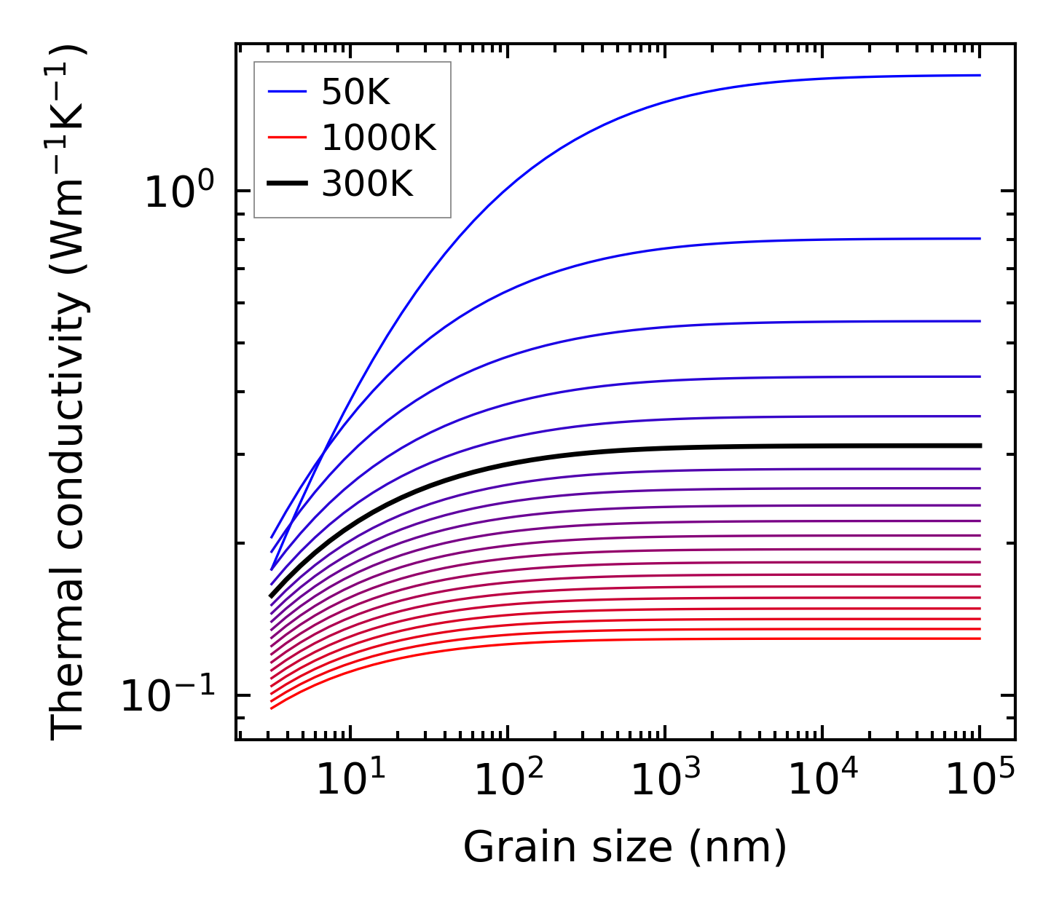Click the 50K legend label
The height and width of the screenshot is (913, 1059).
click(x=356, y=92)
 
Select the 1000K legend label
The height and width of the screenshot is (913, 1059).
click(x=379, y=138)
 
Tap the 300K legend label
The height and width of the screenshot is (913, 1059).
click(x=367, y=184)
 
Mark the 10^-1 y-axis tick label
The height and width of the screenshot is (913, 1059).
click(x=168, y=696)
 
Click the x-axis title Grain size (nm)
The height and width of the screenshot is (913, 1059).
click(x=625, y=847)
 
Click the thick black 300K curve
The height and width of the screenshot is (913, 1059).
click(x=656, y=447)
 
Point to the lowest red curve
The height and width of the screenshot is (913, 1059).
click(x=656, y=639)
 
